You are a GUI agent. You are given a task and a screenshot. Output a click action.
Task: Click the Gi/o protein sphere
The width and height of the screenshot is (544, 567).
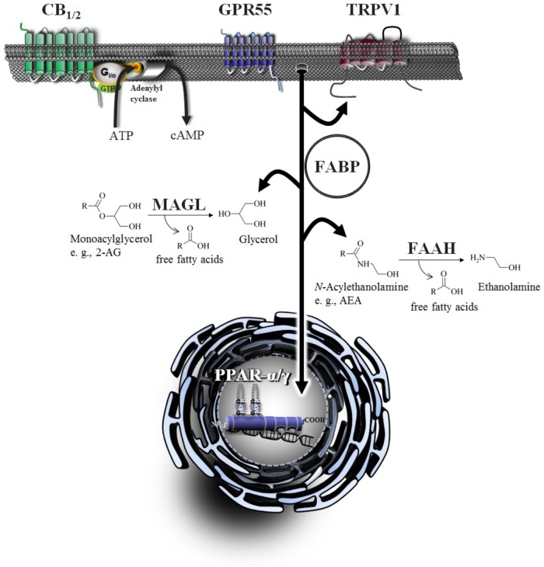coord(104,75)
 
